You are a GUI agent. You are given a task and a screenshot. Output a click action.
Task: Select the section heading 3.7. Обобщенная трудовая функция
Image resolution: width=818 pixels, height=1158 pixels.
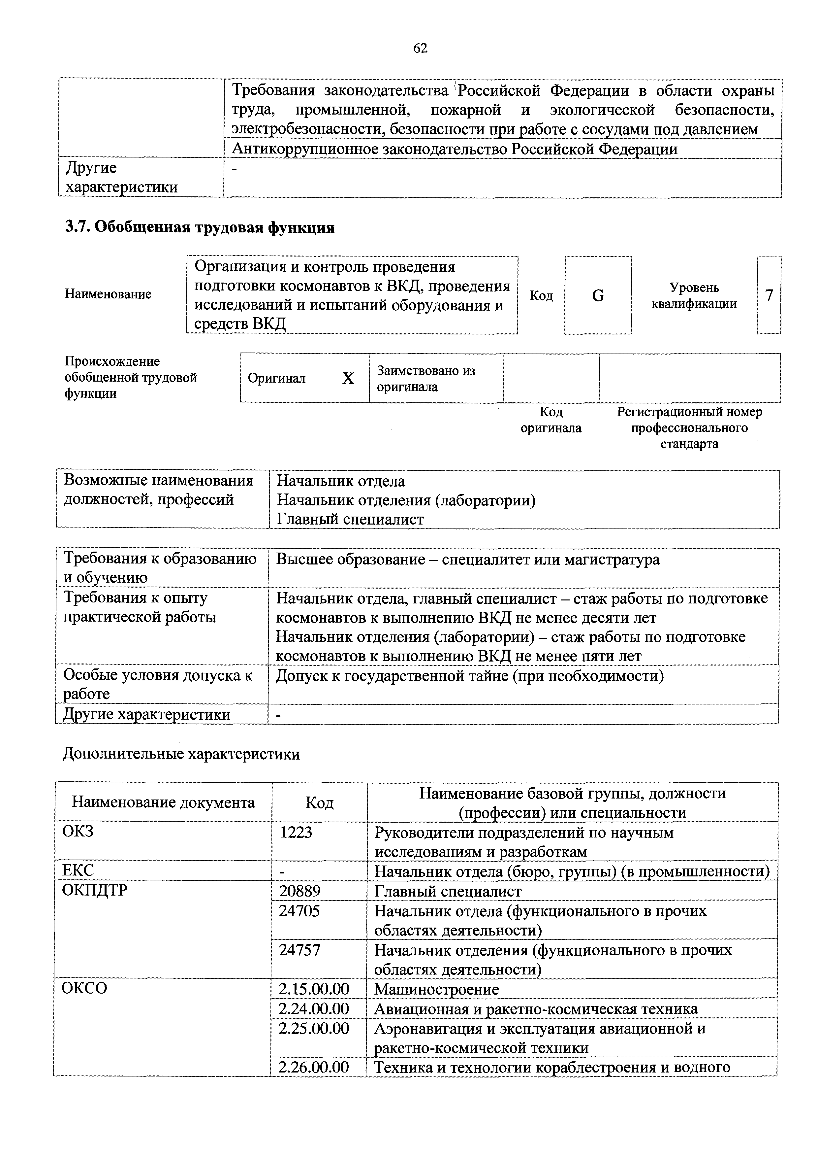point(200,228)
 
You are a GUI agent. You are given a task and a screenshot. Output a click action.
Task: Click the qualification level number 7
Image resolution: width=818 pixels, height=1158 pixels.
point(769,295)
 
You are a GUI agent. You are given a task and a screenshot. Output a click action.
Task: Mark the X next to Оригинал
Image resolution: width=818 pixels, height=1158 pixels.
point(348,378)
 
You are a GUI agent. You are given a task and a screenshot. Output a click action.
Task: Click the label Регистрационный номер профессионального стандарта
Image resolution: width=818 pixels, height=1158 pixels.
point(689,428)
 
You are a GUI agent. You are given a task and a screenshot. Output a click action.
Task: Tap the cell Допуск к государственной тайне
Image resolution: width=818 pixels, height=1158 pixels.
point(469,676)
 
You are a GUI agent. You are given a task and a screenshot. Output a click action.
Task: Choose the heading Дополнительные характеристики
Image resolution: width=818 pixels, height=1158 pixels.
point(181,754)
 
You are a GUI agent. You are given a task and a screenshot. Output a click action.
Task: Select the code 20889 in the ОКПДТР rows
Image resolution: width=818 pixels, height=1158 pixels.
point(300,891)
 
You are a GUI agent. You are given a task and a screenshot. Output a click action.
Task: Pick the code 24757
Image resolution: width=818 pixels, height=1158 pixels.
point(300,950)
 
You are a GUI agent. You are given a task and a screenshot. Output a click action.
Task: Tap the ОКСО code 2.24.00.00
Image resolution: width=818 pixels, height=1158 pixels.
point(313,1009)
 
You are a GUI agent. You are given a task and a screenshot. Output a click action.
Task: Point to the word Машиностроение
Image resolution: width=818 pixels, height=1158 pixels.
point(436,990)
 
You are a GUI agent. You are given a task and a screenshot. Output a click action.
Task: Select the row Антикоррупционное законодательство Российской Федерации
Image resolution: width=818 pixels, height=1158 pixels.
point(454,149)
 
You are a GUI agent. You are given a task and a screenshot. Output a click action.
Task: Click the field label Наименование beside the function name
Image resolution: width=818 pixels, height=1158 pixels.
point(108,294)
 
